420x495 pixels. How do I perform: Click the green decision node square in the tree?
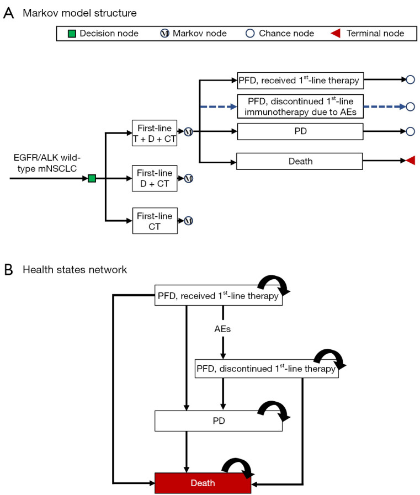pos(92,178)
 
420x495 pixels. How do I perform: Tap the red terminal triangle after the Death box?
pos(410,161)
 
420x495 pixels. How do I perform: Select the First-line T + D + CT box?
pos(155,133)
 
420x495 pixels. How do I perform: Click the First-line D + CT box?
pos(155,178)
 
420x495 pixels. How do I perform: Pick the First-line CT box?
pos(155,221)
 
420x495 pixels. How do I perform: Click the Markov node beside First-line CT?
pos(189,221)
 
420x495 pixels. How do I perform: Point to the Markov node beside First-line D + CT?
pos(189,178)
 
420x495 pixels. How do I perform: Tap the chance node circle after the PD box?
pos(410,131)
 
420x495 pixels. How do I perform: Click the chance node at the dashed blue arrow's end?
pos(410,107)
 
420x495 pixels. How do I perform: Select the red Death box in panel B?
pos(203,483)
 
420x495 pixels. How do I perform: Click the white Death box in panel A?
pos(299,161)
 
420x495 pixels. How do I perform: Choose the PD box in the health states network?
pos(219,421)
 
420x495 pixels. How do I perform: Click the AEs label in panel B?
pos(222,329)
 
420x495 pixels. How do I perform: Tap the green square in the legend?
pos(72,34)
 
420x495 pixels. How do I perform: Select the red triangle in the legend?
pos(336,33)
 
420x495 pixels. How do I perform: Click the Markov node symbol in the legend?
pos(164,33)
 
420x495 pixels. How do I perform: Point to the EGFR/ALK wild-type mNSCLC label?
pos(47,163)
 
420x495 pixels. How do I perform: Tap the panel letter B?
pos(8,270)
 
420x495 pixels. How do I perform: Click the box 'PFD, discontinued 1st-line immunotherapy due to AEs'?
pos(300,107)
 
